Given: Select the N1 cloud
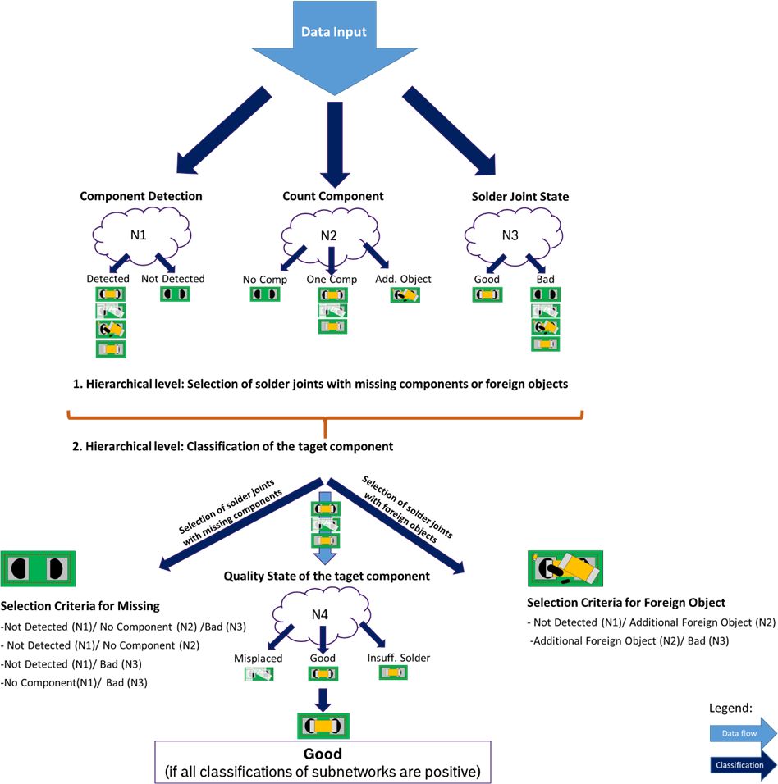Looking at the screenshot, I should coord(140,235).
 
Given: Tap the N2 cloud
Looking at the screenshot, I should coord(330,235).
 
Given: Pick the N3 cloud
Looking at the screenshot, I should coord(510,235).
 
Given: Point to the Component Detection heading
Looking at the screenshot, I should coord(141,197).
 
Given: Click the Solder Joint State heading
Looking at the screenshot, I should coord(520,197).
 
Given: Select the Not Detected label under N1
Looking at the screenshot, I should coord(173,279).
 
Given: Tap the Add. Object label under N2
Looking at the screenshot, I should coord(403,279).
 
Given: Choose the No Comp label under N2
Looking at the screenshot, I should coord(264,279).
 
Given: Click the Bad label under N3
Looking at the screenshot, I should coord(546,279).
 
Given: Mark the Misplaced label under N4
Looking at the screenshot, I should coord(258,659).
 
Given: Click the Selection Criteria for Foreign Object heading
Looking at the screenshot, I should coord(626,603).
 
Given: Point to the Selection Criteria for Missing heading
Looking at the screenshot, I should coord(80,607).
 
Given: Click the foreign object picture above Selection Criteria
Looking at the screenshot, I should coord(566,568).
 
